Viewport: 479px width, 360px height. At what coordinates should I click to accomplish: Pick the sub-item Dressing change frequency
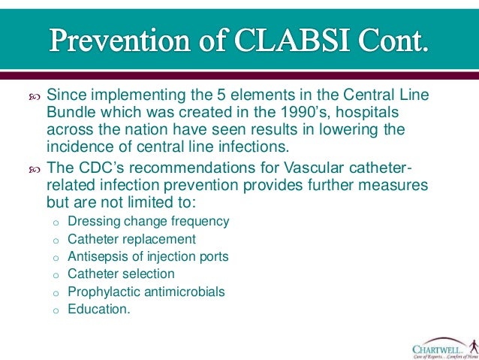point(148,222)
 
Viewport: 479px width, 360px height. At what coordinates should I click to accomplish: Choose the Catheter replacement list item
point(131,239)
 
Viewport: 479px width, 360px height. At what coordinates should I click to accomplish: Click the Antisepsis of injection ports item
point(148,256)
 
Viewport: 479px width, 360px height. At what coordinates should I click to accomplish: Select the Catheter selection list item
point(121,274)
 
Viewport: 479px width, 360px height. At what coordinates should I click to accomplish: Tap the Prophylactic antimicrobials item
point(146,291)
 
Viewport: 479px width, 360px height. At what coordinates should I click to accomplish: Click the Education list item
point(98,308)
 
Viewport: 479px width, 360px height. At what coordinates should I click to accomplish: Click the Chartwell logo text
point(438,347)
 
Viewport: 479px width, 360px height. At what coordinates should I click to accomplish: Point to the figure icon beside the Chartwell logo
point(472,346)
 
